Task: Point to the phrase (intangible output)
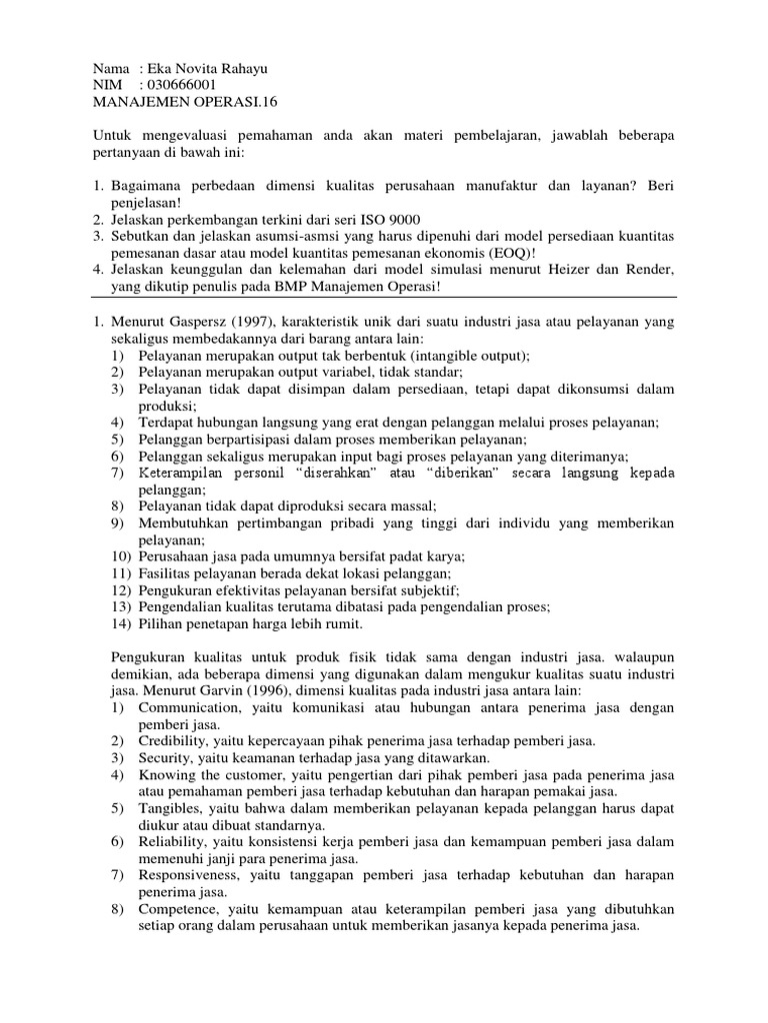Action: click(463, 355)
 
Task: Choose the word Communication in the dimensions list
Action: click(190, 707)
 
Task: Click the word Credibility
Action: click(174, 741)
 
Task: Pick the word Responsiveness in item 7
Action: click(193, 876)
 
